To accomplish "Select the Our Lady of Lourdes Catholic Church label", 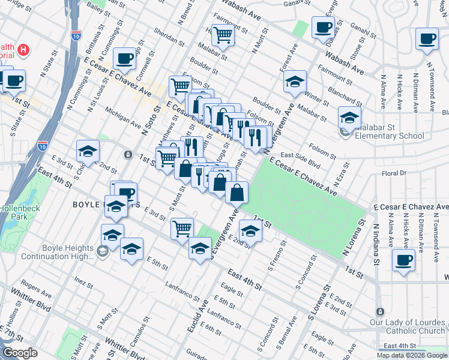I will [408, 326].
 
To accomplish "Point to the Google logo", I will [20, 353].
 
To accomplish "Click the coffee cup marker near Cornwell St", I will [124, 59].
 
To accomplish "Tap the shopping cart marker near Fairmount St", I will [222, 35].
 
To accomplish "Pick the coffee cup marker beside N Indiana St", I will [403, 260].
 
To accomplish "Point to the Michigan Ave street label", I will [122, 116].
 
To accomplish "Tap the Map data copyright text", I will [411, 355].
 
